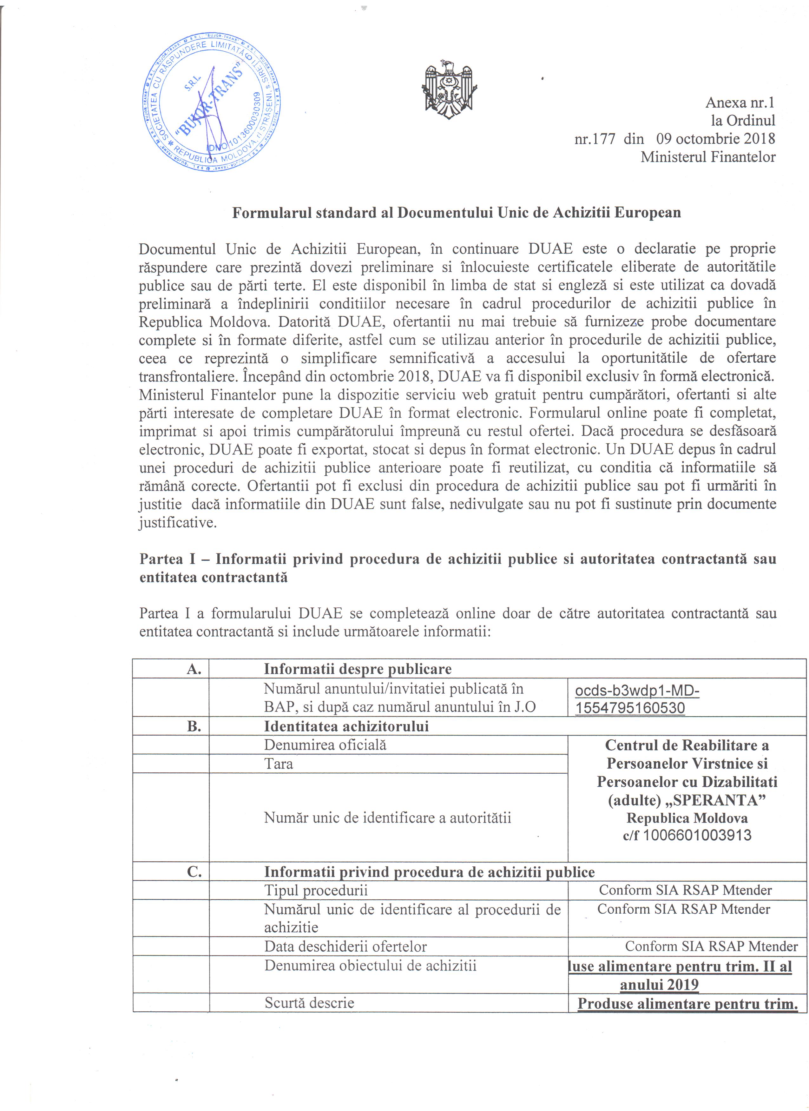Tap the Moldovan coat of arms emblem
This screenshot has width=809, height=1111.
449,89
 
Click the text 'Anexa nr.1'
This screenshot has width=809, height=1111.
740,103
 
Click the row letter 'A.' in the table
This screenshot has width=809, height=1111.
194,669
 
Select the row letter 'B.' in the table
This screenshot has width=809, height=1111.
194,726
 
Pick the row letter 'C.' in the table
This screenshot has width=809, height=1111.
194,872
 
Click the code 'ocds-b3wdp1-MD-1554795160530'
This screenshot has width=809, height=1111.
637,698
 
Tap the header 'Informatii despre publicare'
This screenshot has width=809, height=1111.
358,669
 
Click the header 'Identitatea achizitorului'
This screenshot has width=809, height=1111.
346,726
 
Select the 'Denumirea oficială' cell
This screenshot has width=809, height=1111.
325,745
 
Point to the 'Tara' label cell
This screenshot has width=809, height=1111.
278,764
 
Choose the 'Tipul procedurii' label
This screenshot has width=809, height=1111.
316,890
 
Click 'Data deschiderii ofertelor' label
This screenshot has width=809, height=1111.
345,946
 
